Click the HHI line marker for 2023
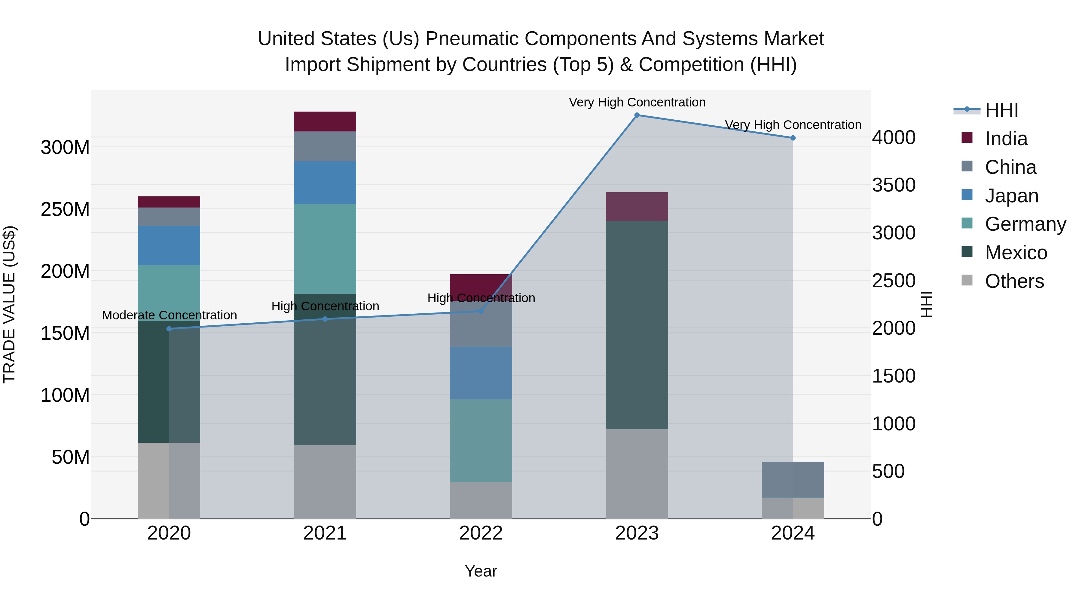(x=637, y=115)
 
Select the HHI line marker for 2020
(x=169, y=329)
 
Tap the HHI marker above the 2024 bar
(x=793, y=138)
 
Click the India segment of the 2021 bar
(x=325, y=121)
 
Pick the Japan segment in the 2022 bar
(x=481, y=373)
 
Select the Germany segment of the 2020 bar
(x=169, y=293)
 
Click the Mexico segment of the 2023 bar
(x=637, y=325)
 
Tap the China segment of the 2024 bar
(x=793, y=480)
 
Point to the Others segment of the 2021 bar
(x=325, y=482)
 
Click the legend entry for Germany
(x=1025, y=224)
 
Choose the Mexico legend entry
(x=1016, y=253)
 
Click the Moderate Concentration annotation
(x=169, y=315)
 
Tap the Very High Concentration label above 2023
(x=637, y=102)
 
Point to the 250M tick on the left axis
(x=65, y=209)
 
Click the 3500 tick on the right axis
(x=894, y=185)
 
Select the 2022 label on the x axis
(x=481, y=533)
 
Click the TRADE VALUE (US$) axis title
(x=9, y=305)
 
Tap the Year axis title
(x=481, y=571)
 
